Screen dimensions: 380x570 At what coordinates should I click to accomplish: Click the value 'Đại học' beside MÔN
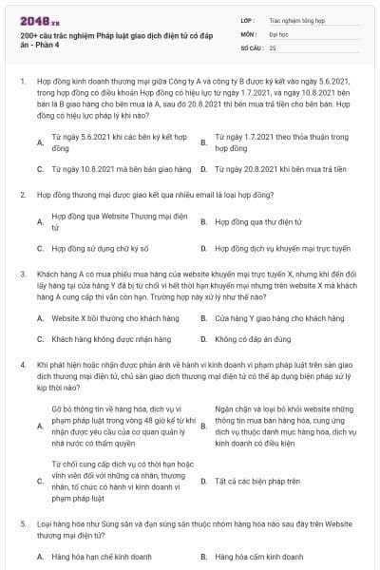pos(277,32)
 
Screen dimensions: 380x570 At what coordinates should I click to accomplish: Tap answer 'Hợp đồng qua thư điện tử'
pos(251,221)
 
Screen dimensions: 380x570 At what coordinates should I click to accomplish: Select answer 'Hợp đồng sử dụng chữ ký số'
pos(100,248)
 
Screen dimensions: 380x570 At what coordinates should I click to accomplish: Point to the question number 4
pos(23,363)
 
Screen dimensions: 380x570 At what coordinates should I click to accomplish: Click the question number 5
pos(23,522)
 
